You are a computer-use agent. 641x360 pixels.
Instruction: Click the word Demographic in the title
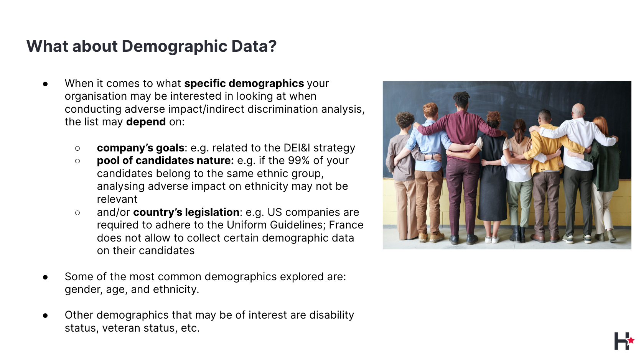click(175, 46)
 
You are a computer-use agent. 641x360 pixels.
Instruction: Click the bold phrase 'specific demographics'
click(244, 84)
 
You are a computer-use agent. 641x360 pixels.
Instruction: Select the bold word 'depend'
click(146, 122)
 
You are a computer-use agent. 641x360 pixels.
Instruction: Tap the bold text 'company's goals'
click(140, 148)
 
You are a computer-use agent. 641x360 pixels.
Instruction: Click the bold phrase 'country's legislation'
click(186, 212)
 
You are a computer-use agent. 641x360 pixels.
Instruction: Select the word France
click(346, 225)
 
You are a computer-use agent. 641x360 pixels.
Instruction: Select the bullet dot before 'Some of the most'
click(45, 277)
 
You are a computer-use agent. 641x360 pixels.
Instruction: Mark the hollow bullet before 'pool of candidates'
click(77, 161)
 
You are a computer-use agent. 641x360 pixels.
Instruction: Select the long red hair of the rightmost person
click(601, 129)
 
